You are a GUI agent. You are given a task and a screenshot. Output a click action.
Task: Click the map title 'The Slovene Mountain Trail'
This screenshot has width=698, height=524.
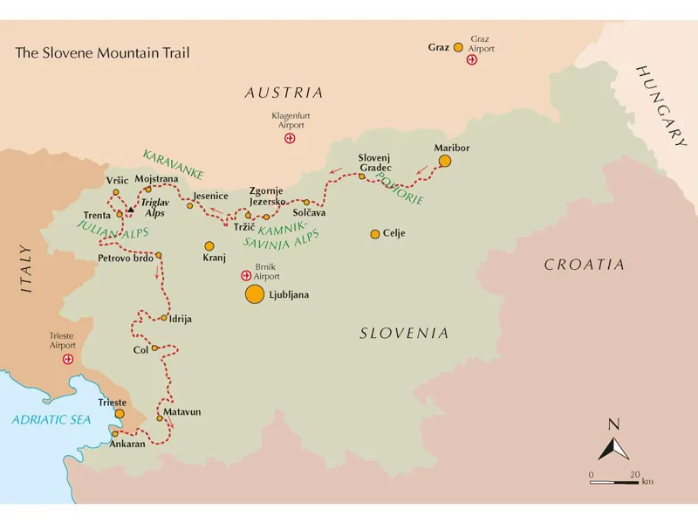(102, 52)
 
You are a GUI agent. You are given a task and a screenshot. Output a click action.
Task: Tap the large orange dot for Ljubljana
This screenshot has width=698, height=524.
(254, 294)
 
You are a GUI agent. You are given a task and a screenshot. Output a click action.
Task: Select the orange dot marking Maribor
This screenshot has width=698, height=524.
(445, 161)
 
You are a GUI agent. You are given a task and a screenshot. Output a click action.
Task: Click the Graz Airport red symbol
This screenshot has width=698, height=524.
(472, 60)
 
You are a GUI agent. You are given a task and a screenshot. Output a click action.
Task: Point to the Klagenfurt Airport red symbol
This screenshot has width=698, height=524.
(291, 138)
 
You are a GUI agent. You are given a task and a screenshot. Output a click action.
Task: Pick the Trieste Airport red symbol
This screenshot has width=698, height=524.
(67, 359)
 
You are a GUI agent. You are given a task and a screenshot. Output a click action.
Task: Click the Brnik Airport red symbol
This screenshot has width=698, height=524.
(246, 276)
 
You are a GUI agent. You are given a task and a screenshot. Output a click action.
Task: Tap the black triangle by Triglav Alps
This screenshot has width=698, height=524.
(130, 210)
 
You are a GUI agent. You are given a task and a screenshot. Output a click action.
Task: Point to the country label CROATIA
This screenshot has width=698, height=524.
(584, 265)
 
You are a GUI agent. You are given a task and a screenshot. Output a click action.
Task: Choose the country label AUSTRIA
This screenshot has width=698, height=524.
(284, 93)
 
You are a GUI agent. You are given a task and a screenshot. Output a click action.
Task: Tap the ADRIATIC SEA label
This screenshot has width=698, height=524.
(51, 420)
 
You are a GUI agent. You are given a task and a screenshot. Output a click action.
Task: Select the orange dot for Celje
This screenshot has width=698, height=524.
(375, 234)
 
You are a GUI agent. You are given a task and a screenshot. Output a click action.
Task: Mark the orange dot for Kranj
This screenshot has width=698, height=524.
(209, 245)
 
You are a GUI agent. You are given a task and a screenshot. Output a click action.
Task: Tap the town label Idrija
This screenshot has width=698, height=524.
(181, 319)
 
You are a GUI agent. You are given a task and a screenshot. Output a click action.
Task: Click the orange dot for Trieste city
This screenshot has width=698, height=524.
(120, 414)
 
